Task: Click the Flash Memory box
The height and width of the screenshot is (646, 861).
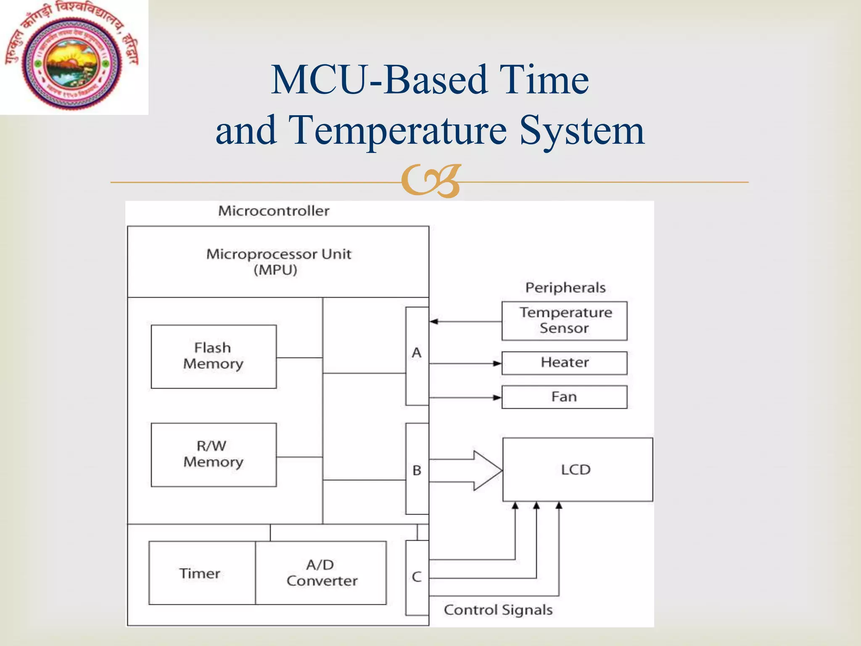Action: pos(214,356)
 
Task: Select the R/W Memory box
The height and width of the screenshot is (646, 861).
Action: pos(214,455)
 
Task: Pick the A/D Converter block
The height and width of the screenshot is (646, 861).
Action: pos(321,573)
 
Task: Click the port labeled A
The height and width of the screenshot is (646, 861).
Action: pos(417,356)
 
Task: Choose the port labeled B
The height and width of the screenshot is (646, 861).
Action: pos(417,469)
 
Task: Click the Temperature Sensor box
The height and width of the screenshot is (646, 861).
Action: pos(564,320)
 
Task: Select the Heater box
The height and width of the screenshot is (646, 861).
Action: pos(564,363)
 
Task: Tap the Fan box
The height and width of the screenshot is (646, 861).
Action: pos(564,397)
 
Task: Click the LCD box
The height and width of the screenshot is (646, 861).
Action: pos(577,469)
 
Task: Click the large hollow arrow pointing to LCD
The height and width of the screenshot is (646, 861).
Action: pos(471,470)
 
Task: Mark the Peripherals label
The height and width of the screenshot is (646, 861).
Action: pos(565,288)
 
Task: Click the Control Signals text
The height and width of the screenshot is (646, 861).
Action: pos(498,610)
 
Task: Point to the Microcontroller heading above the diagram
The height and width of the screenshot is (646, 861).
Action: pos(274,211)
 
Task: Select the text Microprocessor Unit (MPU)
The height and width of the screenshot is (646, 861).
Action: pos(278,262)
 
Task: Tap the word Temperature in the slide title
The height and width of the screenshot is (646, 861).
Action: pos(398,130)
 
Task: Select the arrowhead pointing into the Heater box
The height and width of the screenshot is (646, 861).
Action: pos(497,363)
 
